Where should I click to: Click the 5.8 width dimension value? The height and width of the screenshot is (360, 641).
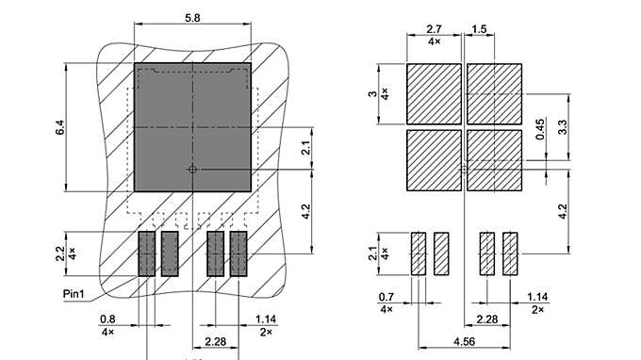point(192,18)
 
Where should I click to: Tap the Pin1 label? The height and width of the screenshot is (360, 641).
point(74,294)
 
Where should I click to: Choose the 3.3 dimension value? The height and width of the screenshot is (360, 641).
point(562,126)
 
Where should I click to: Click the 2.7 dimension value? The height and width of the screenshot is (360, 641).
point(435,30)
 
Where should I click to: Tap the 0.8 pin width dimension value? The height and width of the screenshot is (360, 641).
point(107,319)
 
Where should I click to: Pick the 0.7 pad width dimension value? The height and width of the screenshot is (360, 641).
point(386,297)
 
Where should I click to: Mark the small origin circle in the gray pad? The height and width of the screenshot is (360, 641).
point(192,170)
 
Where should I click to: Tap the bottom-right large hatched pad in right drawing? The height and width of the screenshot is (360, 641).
point(494,160)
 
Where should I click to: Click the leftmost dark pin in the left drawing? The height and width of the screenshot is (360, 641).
point(147,254)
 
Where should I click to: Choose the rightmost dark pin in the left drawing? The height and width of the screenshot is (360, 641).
point(238,254)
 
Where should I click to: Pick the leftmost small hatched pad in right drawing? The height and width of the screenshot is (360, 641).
point(419,254)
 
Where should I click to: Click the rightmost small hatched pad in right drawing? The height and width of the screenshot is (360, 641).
point(510,254)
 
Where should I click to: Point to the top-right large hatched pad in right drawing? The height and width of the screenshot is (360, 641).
point(494,93)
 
